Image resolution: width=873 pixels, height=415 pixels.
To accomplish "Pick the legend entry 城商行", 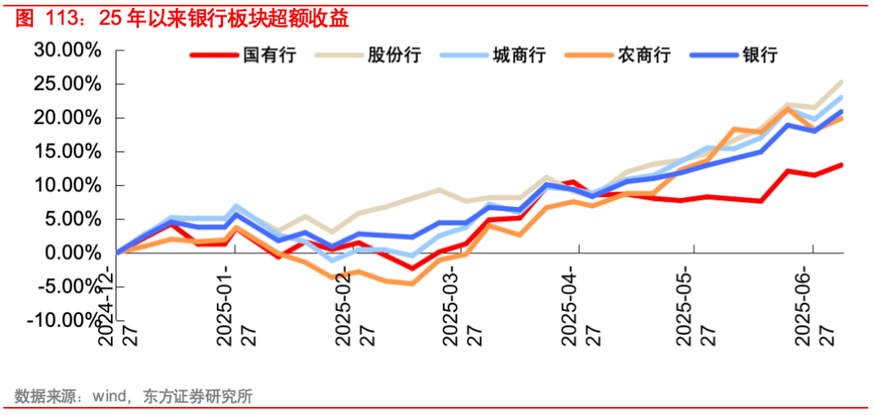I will (518, 55).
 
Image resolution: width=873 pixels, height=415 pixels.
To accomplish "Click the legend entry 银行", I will (759, 55).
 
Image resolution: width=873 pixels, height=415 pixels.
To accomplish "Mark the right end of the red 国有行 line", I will (841, 165).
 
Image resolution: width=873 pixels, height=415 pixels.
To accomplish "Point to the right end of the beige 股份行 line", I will (841, 82).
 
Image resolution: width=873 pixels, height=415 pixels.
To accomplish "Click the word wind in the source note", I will (108, 396).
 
